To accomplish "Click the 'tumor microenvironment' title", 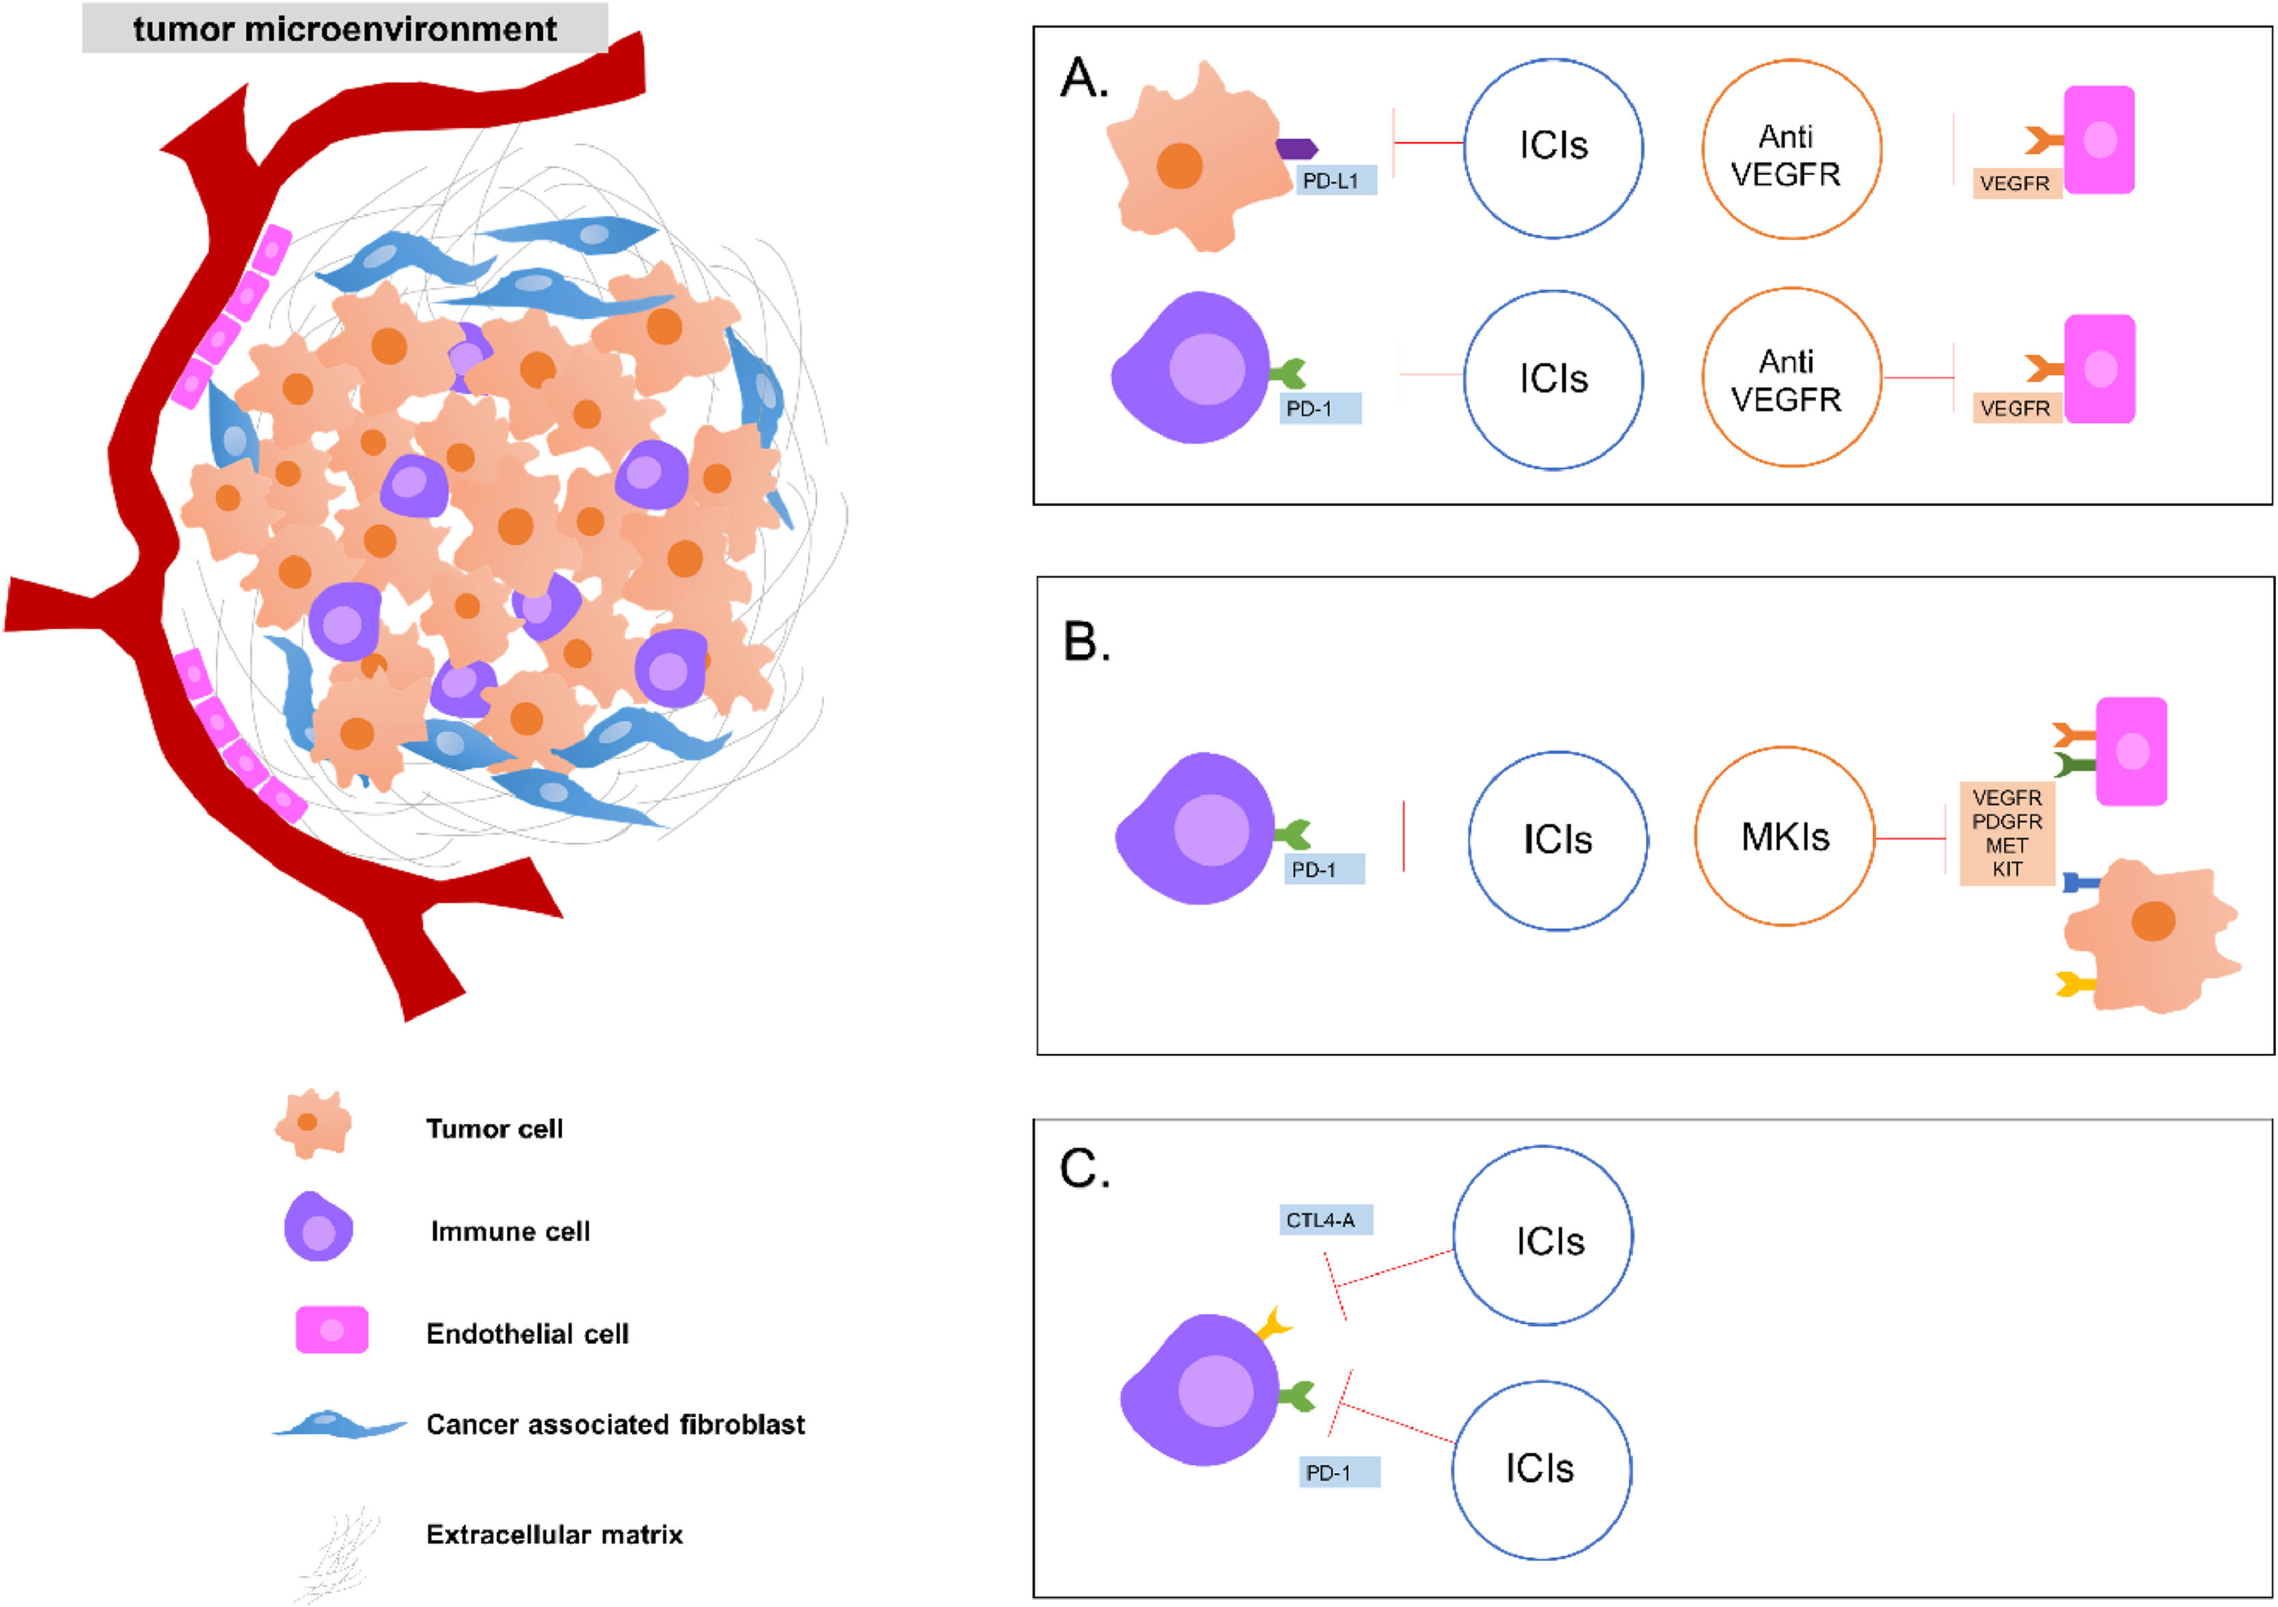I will [x=344, y=29].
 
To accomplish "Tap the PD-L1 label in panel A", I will [x=1335, y=180].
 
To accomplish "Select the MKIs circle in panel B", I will [x=1784, y=836].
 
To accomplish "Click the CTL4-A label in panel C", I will [x=1325, y=1220].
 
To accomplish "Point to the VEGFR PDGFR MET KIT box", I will [x=2006, y=833].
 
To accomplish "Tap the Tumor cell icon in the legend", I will [x=312, y=1124].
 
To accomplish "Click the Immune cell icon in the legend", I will [x=318, y=1227].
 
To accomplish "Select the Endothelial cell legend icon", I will [x=331, y=1329].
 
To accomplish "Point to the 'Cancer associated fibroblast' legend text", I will [x=615, y=1424].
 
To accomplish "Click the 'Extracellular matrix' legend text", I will [x=554, y=1535].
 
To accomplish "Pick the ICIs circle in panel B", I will [x=1558, y=840].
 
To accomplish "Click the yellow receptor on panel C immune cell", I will [x=1273, y=1324].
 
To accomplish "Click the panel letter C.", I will [x=1085, y=1169].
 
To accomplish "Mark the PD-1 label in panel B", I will [x=1324, y=869].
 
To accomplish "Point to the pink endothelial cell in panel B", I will [x=2130, y=751].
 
